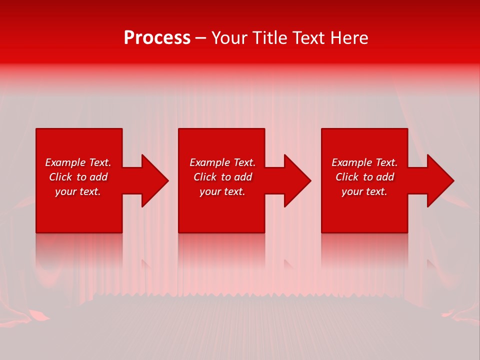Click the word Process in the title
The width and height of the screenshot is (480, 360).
[157, 38]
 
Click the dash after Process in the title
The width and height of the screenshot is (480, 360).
[200, 38]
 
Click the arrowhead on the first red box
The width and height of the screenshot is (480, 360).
[153, 180]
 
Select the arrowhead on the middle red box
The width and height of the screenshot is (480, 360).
[295, 180]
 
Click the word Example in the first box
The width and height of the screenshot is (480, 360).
[65, 162]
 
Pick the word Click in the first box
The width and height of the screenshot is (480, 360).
[61, 177]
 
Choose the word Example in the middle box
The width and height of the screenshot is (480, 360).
[210, 162]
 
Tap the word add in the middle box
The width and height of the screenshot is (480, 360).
[243, 177]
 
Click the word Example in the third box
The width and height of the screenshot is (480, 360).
[352, 162]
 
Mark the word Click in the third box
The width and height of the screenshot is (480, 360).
[347, 177]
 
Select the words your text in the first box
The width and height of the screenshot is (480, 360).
[78, 191]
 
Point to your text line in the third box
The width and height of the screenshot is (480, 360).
[364, 191]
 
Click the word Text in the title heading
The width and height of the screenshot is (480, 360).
[308, 38]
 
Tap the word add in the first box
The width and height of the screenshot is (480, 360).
[98, 177]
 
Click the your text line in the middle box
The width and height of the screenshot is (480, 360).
[222, 191]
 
